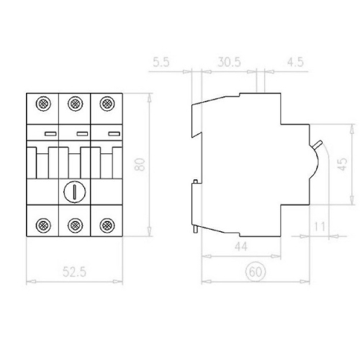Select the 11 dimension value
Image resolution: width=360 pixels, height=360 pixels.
click(x=320, y=227)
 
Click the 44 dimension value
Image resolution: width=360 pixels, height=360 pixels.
click(x=242, y=247)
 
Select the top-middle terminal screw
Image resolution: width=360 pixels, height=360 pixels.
click(x=74, y=105)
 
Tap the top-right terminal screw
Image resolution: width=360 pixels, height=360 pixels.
click(x=107, y=105)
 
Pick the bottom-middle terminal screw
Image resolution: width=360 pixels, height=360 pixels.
click(x=74, y=224)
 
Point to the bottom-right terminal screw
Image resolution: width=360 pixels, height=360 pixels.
click(x=107, y=224)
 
